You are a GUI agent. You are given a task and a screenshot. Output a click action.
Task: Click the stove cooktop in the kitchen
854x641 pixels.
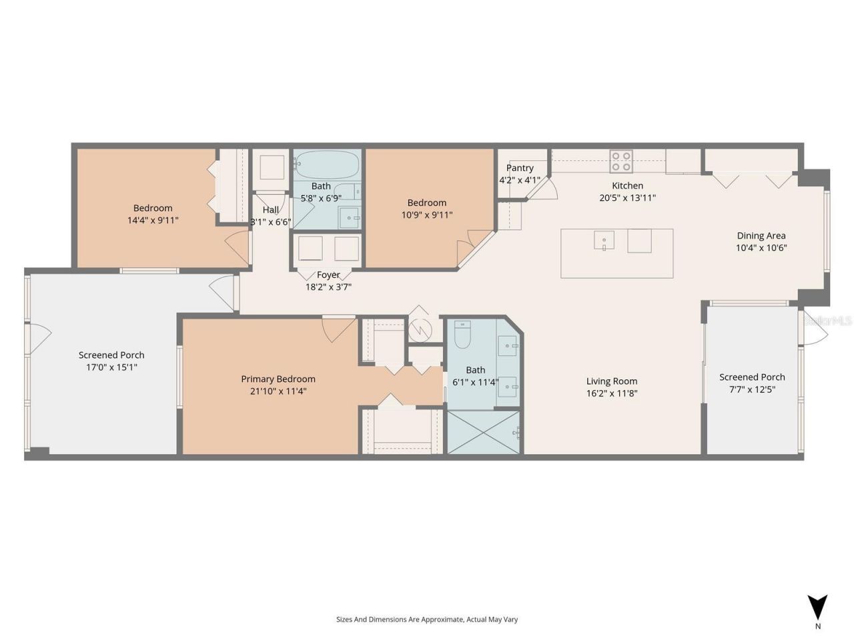tap(621, 161)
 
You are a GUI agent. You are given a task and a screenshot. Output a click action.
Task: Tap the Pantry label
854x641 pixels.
tap(520, 168)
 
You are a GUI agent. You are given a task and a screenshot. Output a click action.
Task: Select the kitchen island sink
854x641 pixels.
tap(604, 240)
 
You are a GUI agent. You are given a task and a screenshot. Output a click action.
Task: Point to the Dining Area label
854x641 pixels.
tap(761, 236)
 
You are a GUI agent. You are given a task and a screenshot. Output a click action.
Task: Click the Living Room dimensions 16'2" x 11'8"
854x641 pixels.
tap(612, 393)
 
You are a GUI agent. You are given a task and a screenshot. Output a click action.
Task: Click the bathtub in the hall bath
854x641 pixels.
tap(327, 163)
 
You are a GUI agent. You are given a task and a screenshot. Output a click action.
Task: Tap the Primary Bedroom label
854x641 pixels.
tap(278, 379)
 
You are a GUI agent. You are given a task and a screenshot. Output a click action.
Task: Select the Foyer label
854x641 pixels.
tap(328, 275)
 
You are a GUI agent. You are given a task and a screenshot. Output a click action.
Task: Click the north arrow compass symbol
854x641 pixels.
tap(817, 608)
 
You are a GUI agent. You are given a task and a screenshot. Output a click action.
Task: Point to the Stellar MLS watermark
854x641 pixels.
tap(828, 321)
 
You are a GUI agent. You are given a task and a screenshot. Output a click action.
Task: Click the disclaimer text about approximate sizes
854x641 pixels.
tap(427, 620)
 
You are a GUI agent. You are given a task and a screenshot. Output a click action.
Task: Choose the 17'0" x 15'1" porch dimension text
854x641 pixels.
tap(111, 367)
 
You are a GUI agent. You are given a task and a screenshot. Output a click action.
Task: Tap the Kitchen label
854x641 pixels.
tap(628, 186)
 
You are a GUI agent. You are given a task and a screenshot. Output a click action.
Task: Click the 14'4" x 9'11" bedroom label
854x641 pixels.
tap(153, 220)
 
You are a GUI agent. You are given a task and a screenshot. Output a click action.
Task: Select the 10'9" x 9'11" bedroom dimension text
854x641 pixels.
tap(427, 215)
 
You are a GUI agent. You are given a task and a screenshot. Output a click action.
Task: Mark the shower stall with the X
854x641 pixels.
tap(484, 433)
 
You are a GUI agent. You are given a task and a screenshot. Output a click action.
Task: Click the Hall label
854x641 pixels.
tap(271, 210)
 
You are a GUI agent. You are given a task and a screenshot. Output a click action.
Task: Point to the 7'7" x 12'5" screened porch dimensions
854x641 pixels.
tap(752, 389)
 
